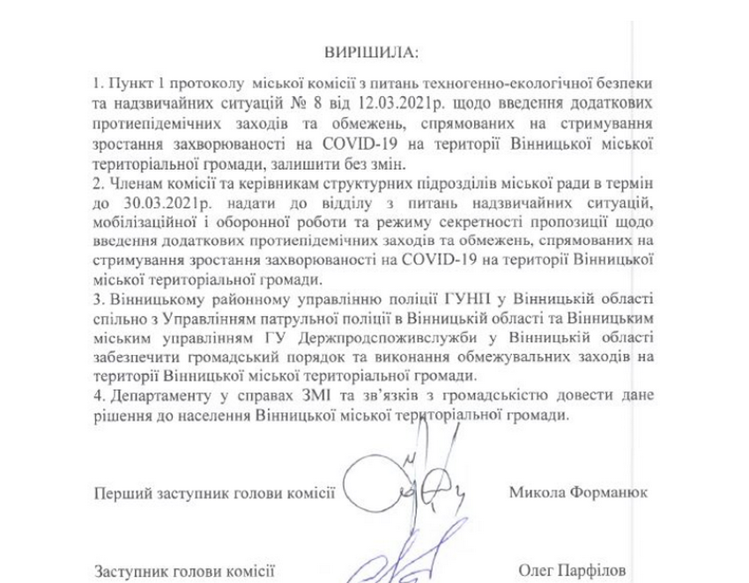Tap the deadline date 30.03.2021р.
[150, 205]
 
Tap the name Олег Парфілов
[571, 572]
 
